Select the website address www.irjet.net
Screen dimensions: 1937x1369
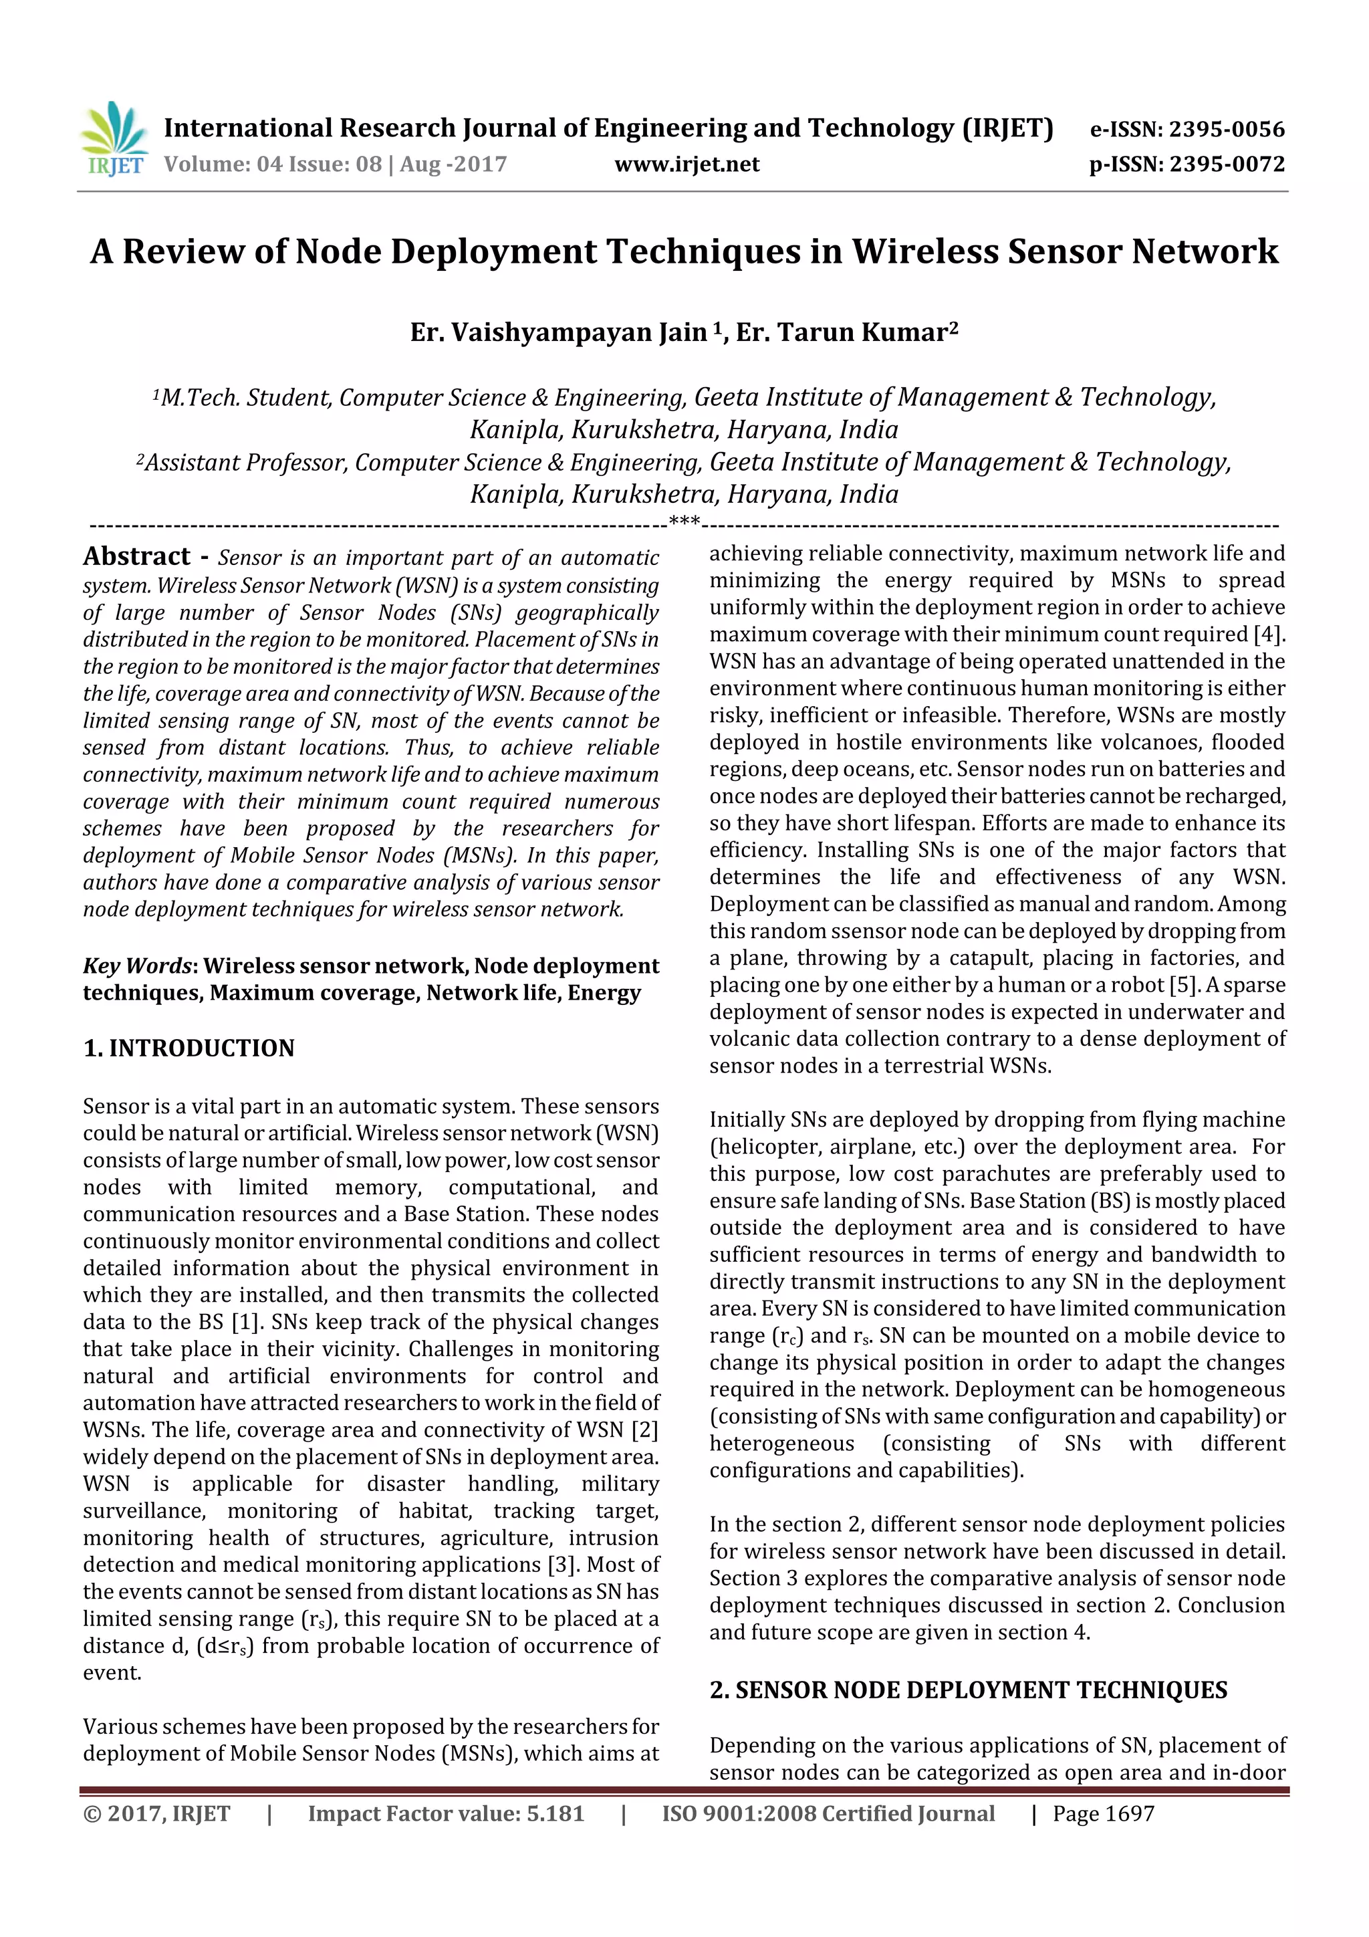point(687,164)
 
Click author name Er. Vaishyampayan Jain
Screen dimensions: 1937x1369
point(558,332)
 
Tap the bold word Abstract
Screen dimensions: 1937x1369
point(136,557)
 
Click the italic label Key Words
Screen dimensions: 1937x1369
point(138,966)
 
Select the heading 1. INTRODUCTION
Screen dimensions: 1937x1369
point(189,1048)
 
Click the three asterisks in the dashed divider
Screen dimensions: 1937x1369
point(684,522)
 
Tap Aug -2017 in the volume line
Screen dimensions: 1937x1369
point(453,164)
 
